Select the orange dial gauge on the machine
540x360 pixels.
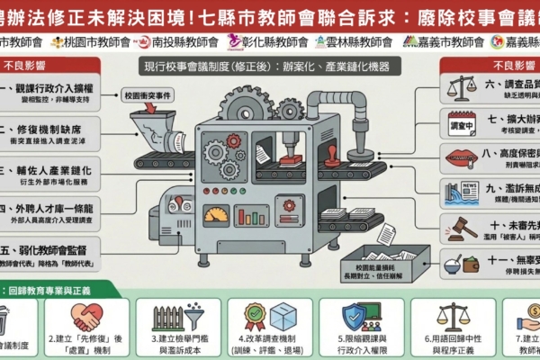pos(216,214)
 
